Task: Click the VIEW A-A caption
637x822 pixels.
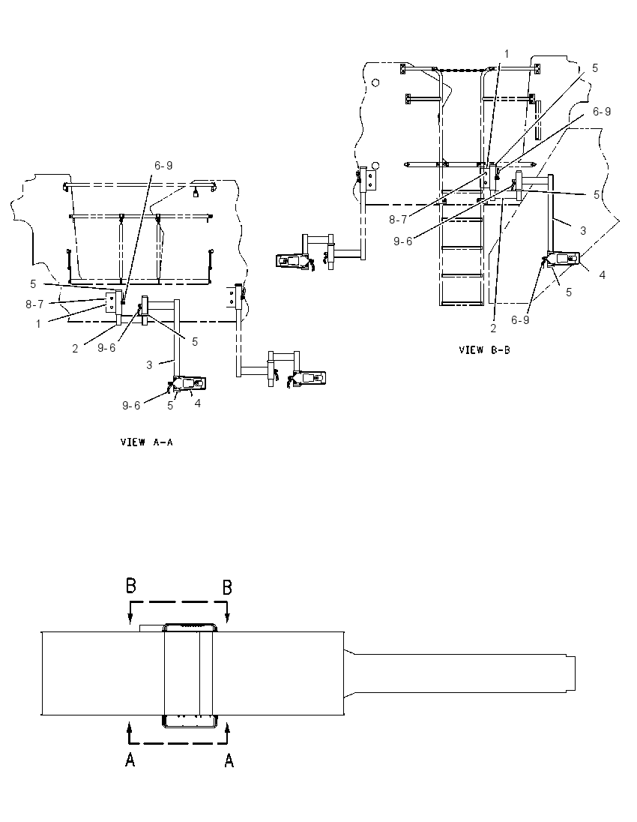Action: (147, 442)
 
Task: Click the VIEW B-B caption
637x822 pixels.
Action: (484, 349)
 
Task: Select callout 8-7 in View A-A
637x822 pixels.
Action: (35, 304)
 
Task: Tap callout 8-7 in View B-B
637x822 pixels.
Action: (398, 220)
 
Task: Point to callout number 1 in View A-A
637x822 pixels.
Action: (38, 324)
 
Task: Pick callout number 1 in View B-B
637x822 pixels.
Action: (507, 53)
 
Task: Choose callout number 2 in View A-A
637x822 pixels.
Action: (75, 348)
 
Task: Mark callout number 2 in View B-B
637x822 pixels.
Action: (493, 328)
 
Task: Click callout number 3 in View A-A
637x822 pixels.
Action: (149, 364)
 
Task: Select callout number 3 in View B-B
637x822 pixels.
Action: (582, 231)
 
